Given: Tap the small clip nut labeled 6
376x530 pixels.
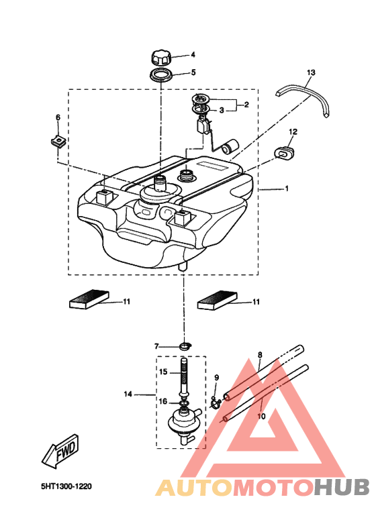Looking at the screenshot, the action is coord(58,141).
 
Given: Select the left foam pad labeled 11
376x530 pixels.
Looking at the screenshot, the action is coord(89,299).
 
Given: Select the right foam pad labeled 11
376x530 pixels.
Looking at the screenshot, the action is coord(218,300).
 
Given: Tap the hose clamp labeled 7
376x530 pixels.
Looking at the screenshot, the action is coord(185,346).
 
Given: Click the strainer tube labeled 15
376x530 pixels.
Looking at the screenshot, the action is coord(183,378).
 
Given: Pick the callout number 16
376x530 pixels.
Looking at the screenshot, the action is coord(163,401).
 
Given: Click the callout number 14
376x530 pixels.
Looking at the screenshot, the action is coord(128,394).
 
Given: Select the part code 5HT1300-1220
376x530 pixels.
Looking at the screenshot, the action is coord(66,486).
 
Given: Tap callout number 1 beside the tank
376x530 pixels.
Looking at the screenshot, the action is coord(287,189).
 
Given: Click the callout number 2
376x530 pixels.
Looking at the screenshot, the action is coord(246,105).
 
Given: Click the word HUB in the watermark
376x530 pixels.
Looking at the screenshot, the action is coord(342,488).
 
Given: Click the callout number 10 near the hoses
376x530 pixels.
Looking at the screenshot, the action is coord(262,417).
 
